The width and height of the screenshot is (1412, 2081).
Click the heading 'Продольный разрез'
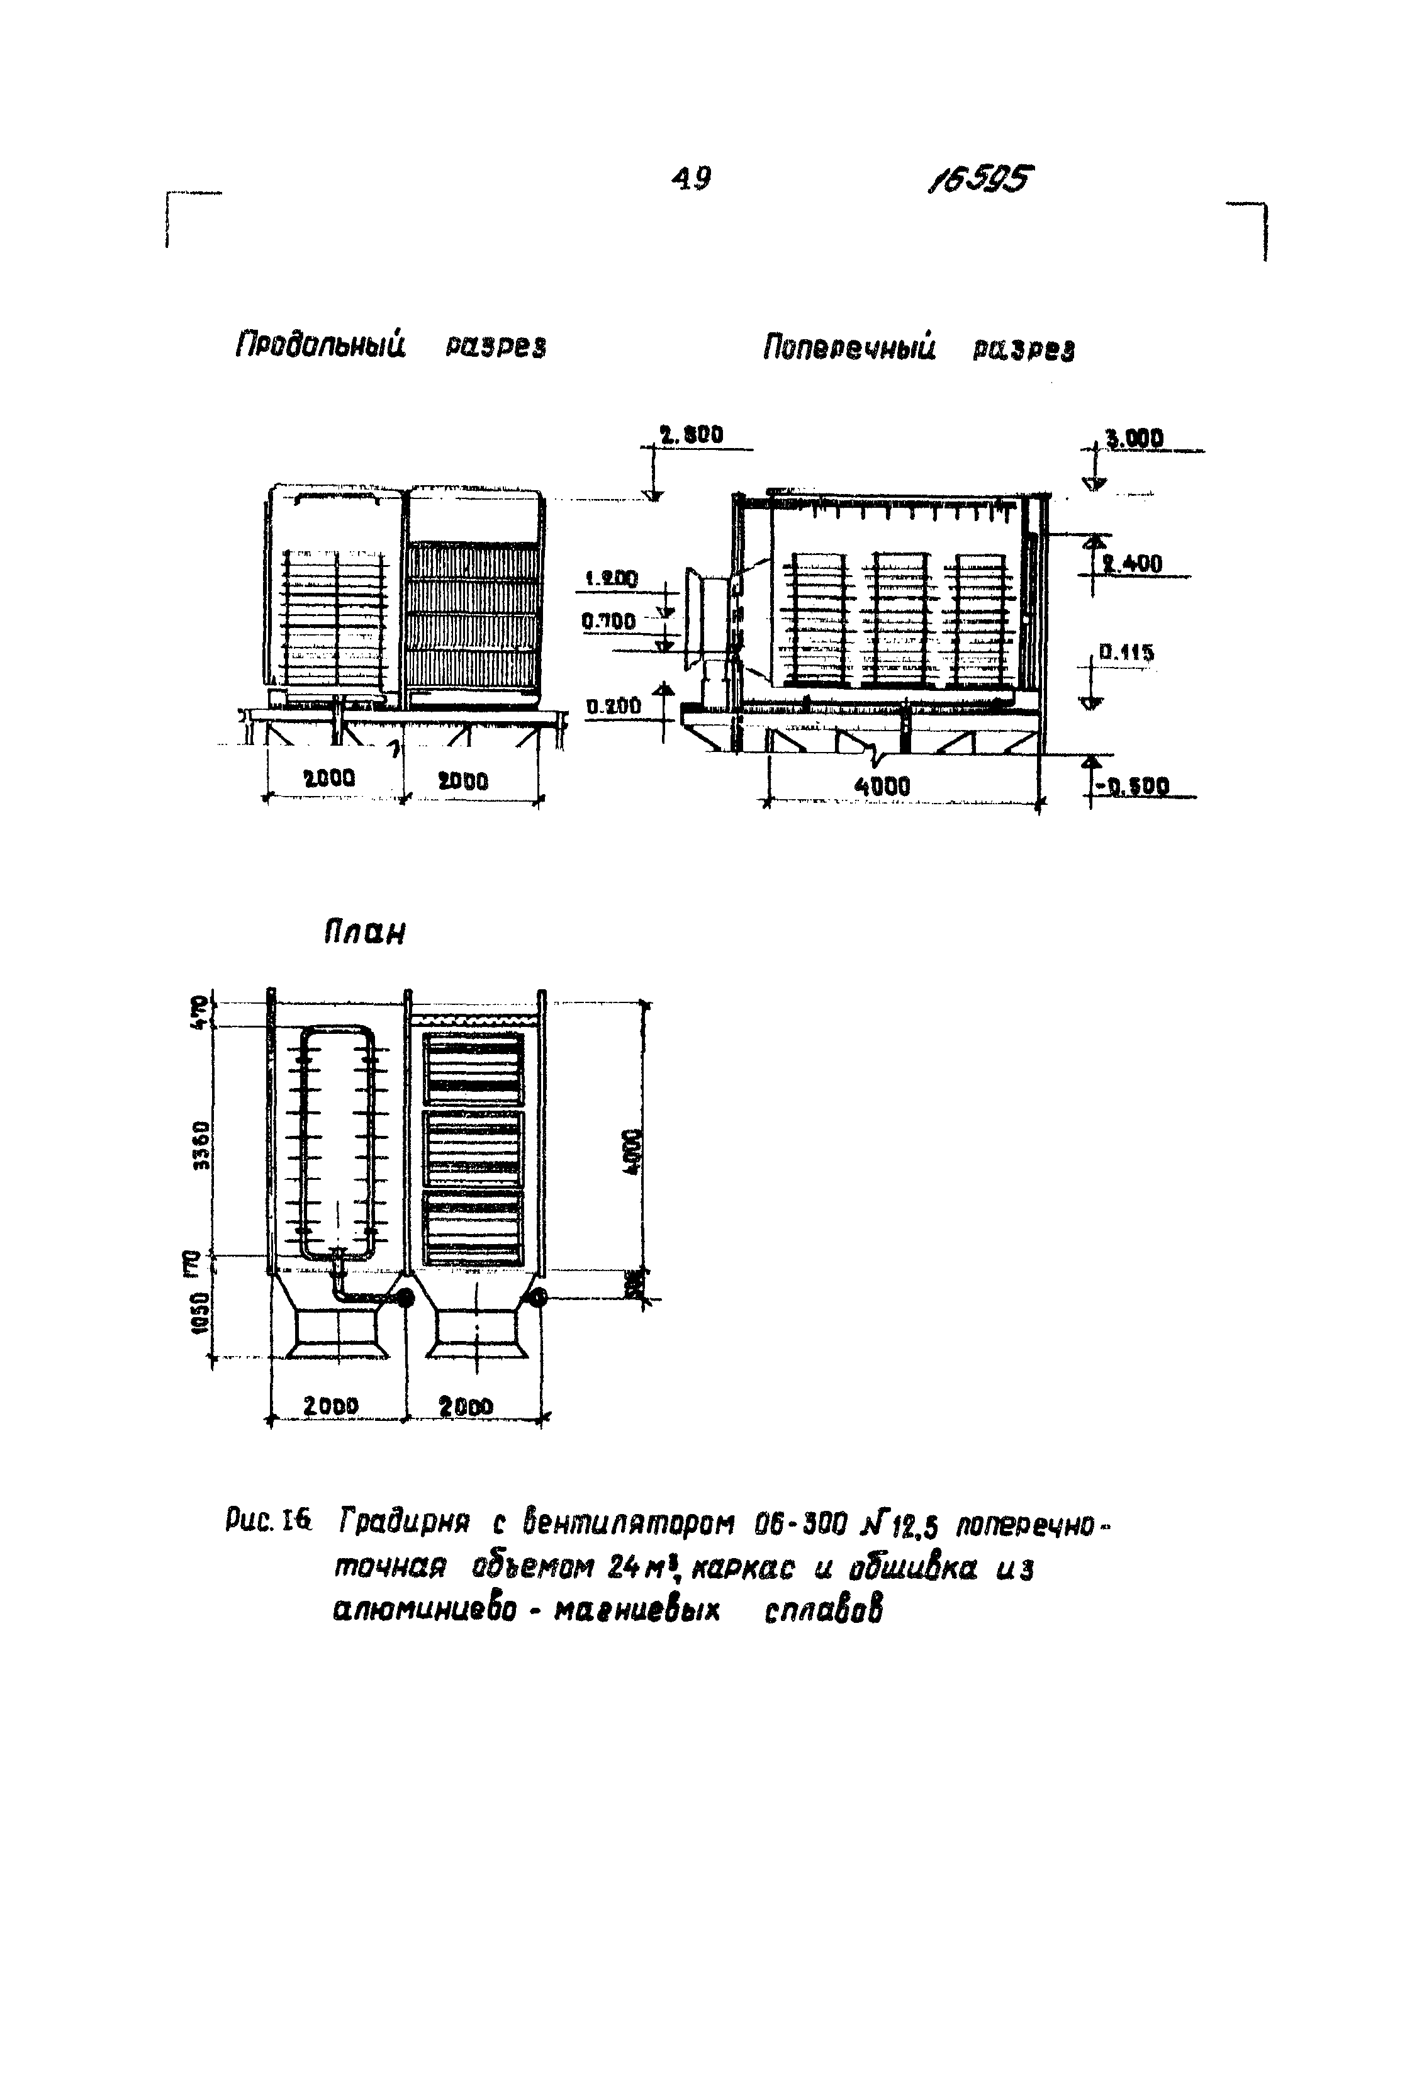coord(390,345)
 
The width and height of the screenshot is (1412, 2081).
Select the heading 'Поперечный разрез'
coord(918,347)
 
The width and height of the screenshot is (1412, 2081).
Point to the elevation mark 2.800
coord(692,436)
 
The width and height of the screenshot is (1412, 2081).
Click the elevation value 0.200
coord(614,707)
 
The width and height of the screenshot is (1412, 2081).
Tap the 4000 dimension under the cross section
coord(882,786)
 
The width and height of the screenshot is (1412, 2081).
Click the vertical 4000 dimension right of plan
coord(633,1152)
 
